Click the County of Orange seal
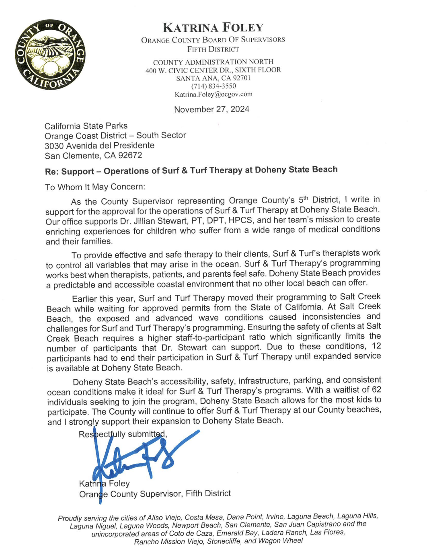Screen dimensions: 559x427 click(51, 55)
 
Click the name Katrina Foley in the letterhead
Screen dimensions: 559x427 click(213, 28)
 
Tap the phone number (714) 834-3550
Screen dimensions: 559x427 click(213, 86)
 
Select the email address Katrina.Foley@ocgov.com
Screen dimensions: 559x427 click(213, 95)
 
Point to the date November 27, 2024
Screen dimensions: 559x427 click(211, 109)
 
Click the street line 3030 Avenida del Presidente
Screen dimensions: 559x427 click(99, 146)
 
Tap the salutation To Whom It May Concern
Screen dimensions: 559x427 click(95, 187)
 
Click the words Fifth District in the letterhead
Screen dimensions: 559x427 click(213, 49)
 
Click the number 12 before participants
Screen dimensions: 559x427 click(376, 346)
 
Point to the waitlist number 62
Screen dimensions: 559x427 click(376, 390)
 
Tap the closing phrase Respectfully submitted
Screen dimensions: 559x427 click(123, 434)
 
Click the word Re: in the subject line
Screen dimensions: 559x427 click(52, 172)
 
